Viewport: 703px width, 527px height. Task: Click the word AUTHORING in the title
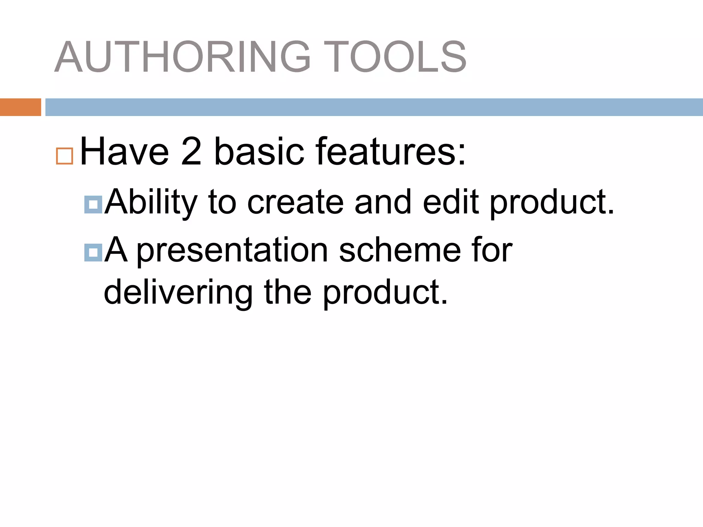point(182,57)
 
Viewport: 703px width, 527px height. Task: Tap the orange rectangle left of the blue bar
point(20,107)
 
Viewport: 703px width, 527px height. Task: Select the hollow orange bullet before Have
point(65,156)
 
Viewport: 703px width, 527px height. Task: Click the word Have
point(124,152)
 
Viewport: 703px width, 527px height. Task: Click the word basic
point(259,152)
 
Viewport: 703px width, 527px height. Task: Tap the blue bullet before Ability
point(93,205)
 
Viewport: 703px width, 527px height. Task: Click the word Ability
point(151,202)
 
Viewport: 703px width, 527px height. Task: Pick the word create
point(295,202)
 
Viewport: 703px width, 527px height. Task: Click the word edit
point(451,202)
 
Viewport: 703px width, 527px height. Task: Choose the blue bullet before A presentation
point(93,253)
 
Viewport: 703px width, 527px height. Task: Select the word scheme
point(400,251)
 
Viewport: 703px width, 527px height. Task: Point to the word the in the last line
point(288,293)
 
